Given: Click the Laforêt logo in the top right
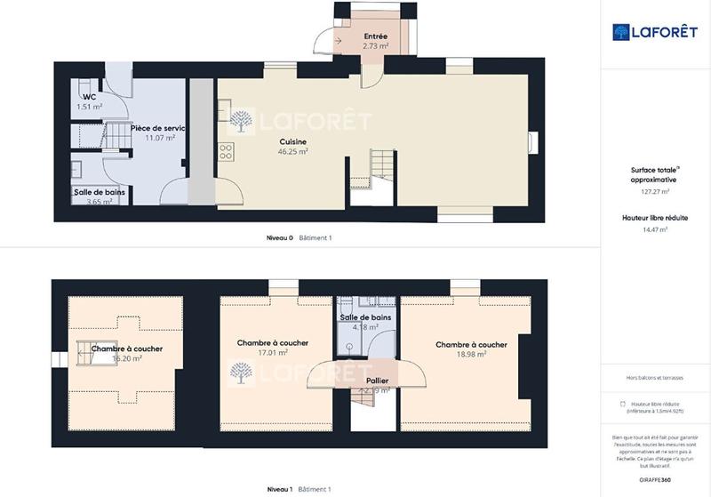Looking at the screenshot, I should point(654,32).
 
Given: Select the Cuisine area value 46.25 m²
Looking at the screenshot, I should point(292,152).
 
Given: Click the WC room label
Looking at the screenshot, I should point(89,97).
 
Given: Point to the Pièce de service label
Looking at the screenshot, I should point(157,128).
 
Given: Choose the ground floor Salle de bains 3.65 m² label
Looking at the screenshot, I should point(92,192).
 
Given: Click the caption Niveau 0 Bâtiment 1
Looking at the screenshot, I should point(299,238).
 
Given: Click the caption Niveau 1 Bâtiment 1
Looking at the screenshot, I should point(299,489).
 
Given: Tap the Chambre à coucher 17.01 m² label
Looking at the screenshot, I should point(273,343).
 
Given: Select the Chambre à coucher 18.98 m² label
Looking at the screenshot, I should point(471,345).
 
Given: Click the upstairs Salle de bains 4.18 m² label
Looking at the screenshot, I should point(365,317).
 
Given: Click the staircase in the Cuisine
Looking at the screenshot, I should point(380,164).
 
